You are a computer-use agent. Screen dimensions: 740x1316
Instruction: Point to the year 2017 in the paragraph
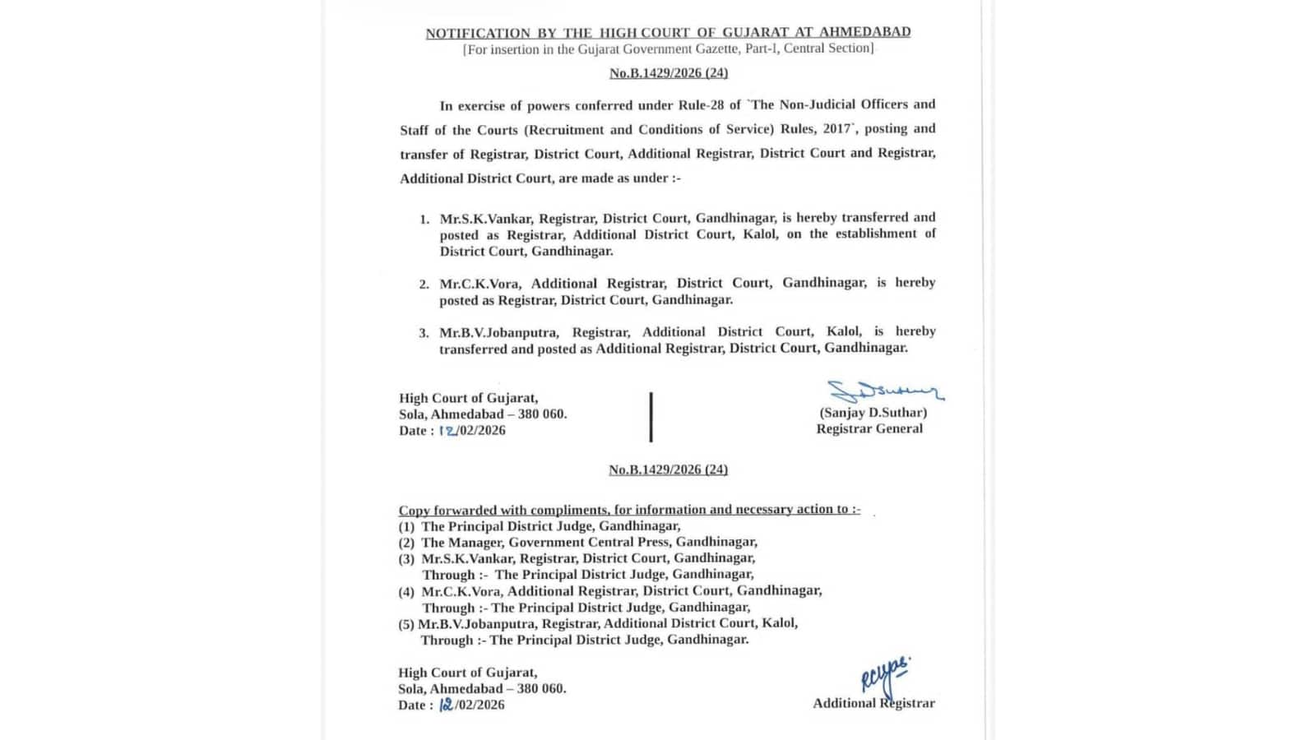(x=837, y=129)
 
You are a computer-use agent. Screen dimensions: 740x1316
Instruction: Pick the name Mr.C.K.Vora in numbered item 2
(x=479, y=284)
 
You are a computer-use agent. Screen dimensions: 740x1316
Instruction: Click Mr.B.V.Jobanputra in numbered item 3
(x=498, y=332)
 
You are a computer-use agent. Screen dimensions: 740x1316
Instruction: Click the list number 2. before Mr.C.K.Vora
(x=424, y=284)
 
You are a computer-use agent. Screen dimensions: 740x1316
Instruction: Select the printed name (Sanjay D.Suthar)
(x=873, y=413)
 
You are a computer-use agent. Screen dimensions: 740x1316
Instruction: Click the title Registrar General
(x=869, y=429)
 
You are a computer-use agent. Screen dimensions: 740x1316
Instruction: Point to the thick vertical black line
(x=651, y=417)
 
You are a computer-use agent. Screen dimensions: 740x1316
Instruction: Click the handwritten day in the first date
(x=448, y=430)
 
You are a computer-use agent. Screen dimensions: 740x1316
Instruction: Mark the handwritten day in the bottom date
(x=447, y=705)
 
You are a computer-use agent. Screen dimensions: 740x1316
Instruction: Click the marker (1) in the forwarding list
(x=406, y=526)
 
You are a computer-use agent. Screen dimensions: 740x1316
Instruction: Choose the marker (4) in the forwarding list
(x=406, y=592)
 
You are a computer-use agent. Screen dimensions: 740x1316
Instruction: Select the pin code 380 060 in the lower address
(x=541, y=689)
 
